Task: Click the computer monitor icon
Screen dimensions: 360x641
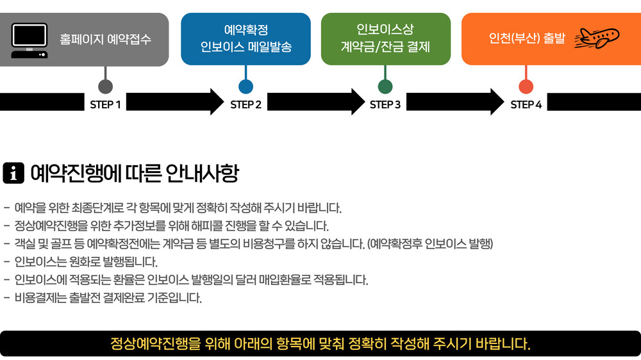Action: click(x=29, y=40)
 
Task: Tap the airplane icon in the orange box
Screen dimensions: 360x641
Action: click(x=596, y=38)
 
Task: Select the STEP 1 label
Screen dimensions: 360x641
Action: click(x=106, y=104)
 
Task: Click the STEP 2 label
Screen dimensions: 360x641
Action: click(x=246, y=104)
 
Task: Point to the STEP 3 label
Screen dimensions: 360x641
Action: click(x=385, y=104)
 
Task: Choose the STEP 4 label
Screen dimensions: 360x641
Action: click(x=526, y=104)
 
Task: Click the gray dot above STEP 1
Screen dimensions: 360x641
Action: click(x=106, y=86)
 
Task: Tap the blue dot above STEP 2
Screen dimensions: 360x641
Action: click(x=246, y=86)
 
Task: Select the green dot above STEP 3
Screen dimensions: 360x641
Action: click(x=385, y=86)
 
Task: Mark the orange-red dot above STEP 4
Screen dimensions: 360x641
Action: click(x=526, y=86)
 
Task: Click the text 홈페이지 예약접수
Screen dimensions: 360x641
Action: click(x=106, y=39)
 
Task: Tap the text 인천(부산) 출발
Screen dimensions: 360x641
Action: click(x=527, y=38)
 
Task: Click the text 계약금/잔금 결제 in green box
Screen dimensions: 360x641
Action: click(x=385, y=47)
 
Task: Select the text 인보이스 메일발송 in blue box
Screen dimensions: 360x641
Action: click(x=246, y=47)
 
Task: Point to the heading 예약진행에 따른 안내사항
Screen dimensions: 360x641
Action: click(x=134, y=173)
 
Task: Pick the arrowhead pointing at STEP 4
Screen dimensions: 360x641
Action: click(x=496, y=102)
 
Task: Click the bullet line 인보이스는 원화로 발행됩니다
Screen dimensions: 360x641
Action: click(x=86, y=262)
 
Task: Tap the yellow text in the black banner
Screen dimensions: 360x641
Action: click(x=320, y=343)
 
